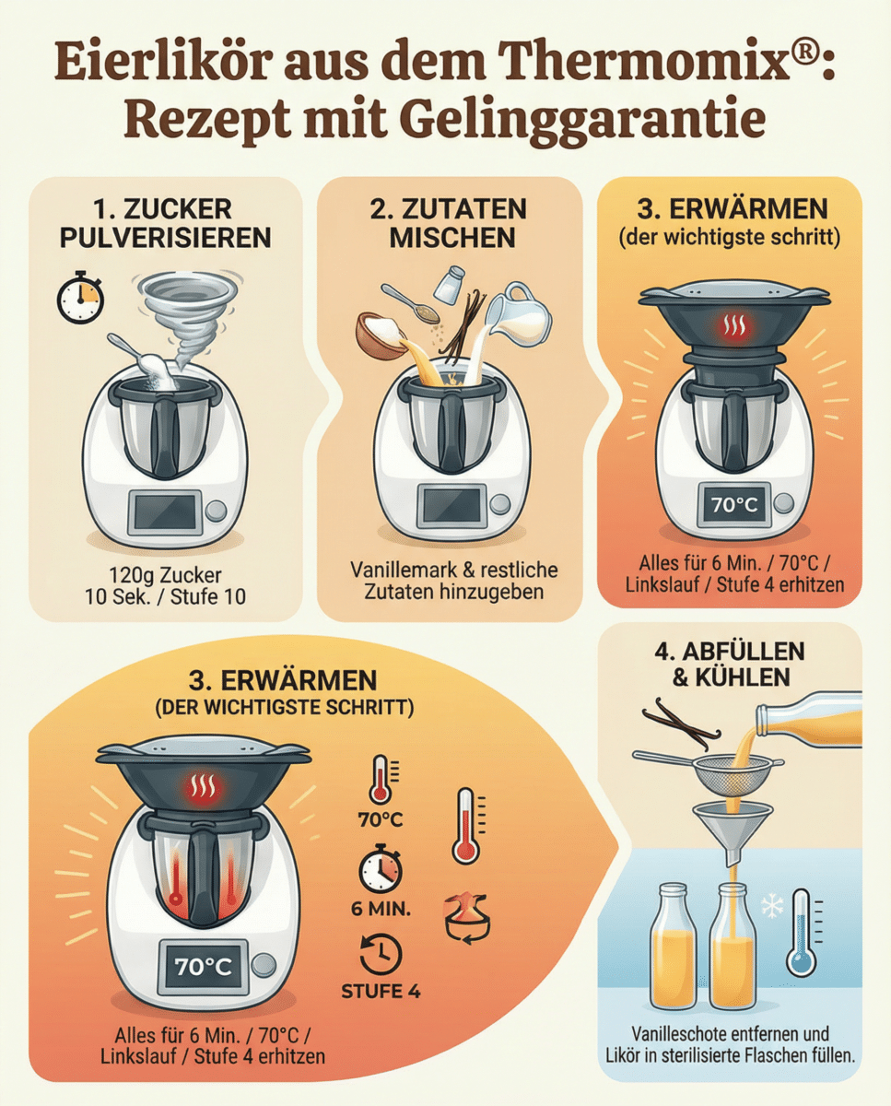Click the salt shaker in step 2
click(x=450, y=285)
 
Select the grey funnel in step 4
click(x=735, y=826)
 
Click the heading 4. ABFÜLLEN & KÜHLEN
click(x=730, y=664)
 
